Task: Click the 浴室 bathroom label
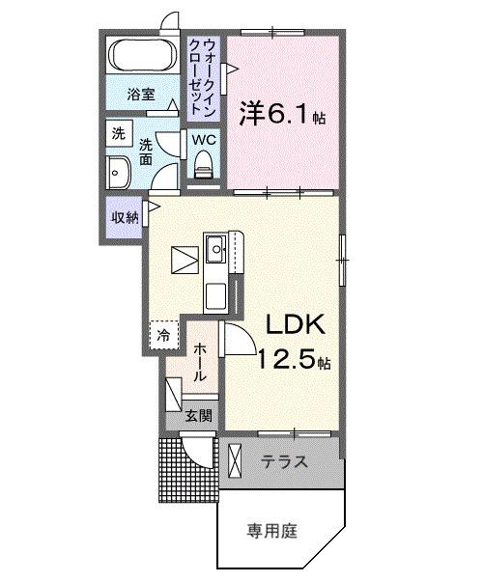(x=141, y=94)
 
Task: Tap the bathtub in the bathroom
(x=141, y=56)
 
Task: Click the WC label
(x=203, y=139)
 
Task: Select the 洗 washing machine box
(x=118, y=131)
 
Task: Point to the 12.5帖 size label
(x=293, y=362)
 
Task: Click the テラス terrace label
(x=285, y=462)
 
